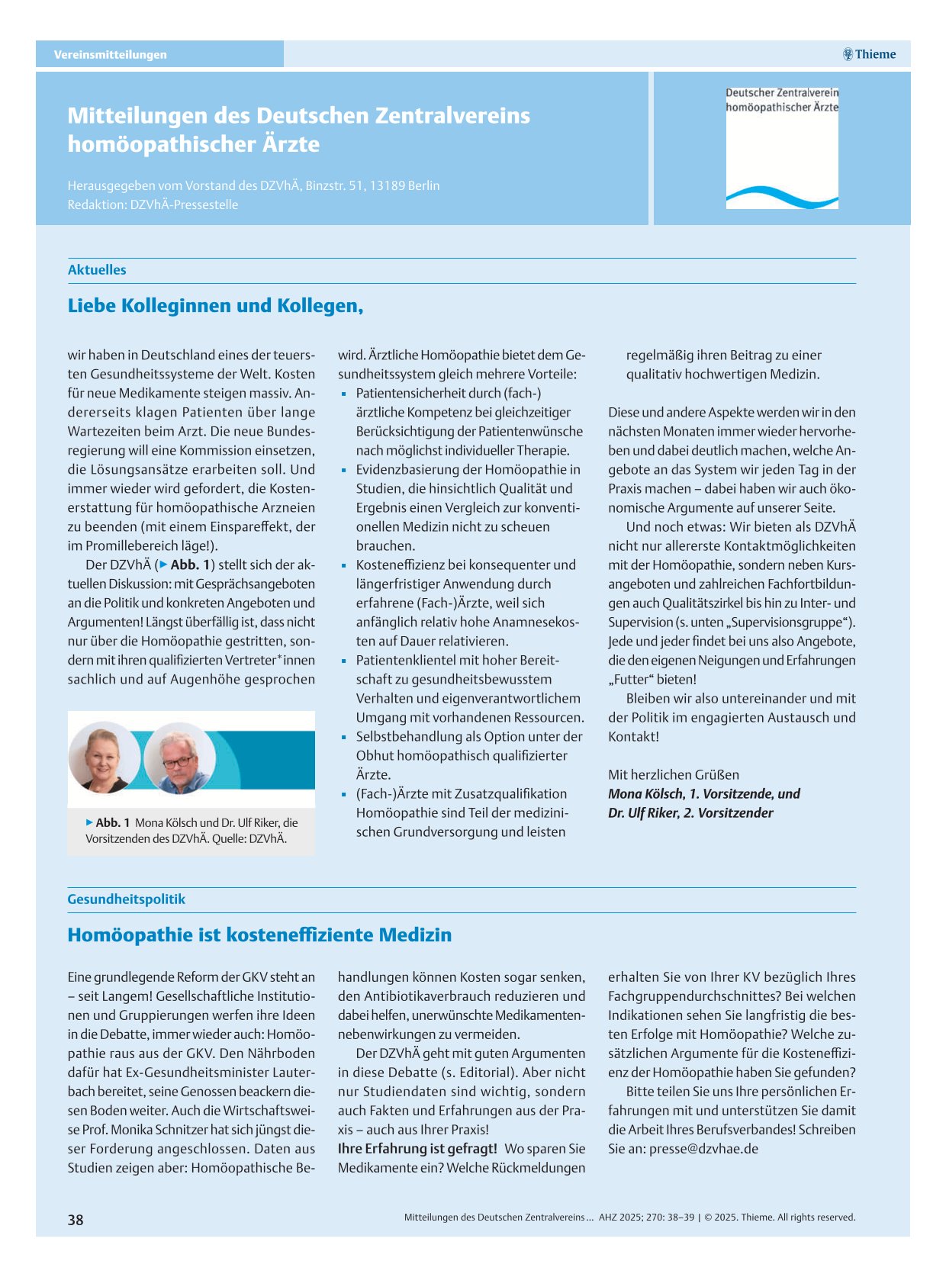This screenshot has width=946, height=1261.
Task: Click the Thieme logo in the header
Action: click(869, 54)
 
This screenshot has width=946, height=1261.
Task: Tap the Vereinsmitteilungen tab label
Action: click(110, 55)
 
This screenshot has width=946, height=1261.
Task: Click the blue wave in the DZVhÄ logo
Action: click(782, 197)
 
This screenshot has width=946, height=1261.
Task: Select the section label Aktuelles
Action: click(97, 270)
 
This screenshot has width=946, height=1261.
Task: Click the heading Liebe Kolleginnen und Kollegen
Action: click(215, 306)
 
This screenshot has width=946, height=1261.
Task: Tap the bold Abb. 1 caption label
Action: click(112, 823)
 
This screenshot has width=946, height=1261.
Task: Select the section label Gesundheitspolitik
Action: click(126, 899)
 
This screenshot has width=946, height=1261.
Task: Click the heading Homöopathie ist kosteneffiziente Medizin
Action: click(259, 935)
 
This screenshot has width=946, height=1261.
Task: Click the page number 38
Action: click(76, 1220)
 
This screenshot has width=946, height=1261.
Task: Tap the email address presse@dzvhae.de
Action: click(703, 1149)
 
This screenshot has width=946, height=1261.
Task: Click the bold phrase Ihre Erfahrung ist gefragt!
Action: click(417, 1149)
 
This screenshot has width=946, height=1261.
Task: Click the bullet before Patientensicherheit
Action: click(344, 394)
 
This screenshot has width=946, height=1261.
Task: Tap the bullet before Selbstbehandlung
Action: click(344, 738)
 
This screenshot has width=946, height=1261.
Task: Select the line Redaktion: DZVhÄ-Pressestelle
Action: click(153, 205)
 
